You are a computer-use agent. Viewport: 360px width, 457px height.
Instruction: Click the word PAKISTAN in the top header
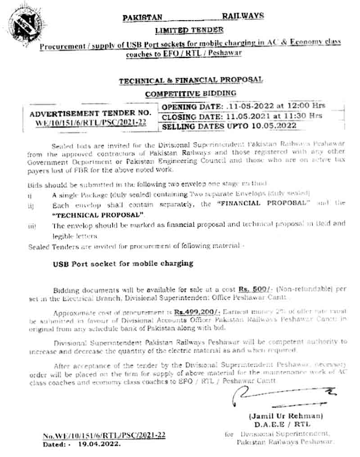(x=143, y=18)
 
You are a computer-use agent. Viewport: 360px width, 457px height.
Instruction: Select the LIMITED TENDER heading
(x=189, y=30)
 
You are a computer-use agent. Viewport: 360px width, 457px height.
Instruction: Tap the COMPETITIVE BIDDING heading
(x=190, y=93)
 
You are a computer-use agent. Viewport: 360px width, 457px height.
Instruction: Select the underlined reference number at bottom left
(x=104, y=436)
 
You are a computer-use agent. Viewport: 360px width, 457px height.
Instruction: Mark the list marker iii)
(x=32, y=226)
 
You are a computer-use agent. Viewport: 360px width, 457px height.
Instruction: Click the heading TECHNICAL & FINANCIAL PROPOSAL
(x=190, y=80)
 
